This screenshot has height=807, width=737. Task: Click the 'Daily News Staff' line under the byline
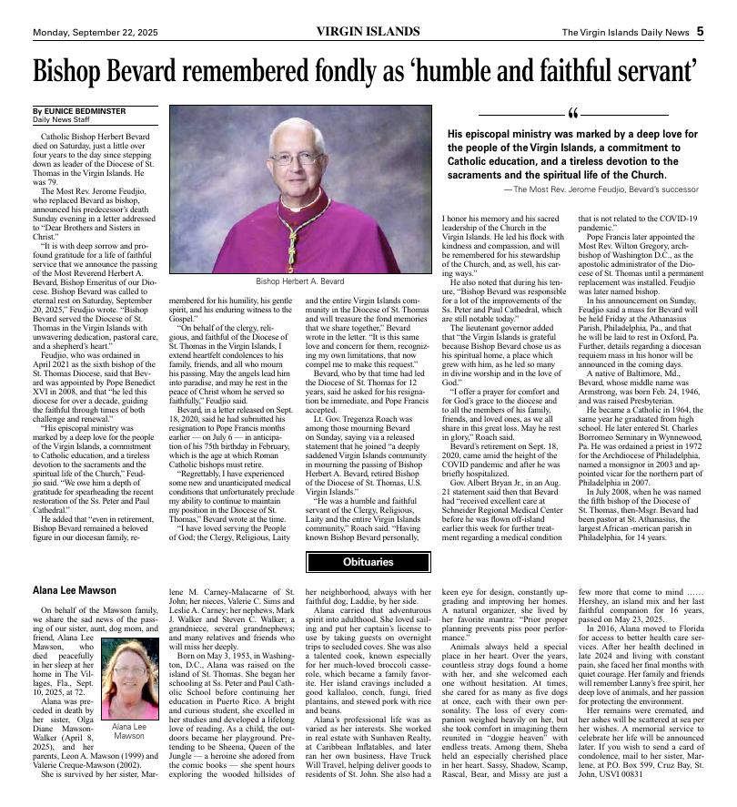tap(61, 119)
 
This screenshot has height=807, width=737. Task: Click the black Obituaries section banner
tap(368, 562)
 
